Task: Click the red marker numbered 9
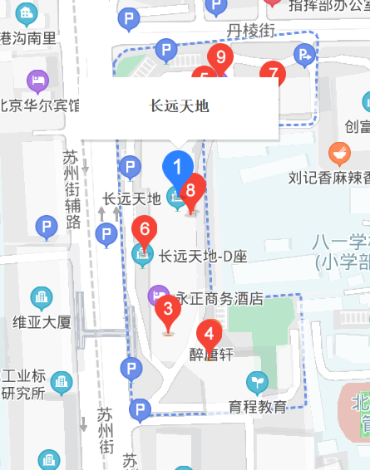click(x=220, y=58)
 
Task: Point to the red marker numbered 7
click(x=271, y=72)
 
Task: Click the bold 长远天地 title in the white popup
click(x=179, y=105)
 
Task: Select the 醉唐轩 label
click(x=215, y=354)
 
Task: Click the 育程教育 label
click(x=258, y=407)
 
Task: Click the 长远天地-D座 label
click(x=204, y=257)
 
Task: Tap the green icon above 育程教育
click(x=258, y=383)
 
